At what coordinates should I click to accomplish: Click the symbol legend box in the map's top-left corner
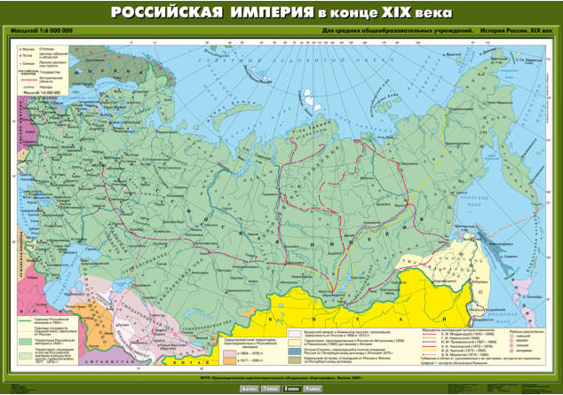(40, 71)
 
